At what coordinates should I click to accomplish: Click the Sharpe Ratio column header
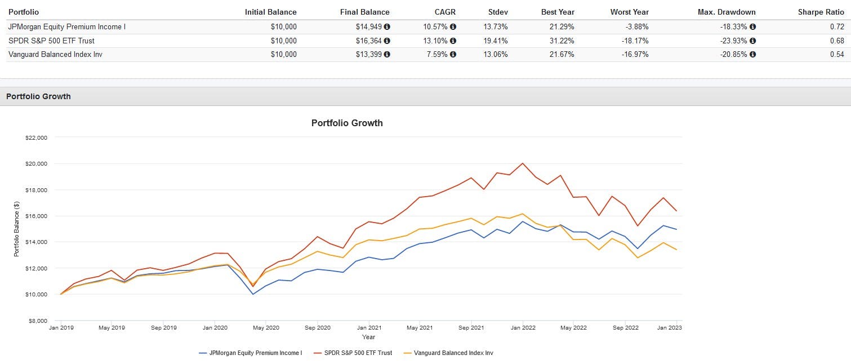tap(820, 12)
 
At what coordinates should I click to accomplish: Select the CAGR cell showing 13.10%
tap(435, 41)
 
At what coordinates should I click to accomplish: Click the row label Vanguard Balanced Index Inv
tap(55, 54)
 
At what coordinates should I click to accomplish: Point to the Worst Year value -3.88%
tap(635, 26)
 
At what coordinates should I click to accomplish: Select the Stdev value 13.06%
tap(496, 54)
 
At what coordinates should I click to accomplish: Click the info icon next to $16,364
tap(387, 41)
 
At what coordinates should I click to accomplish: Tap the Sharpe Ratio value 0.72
tap(837, 26)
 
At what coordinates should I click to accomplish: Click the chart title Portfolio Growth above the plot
tap(347, 123)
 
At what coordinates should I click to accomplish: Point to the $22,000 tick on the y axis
tap(36, 137)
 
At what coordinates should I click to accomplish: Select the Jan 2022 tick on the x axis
tap(523, 327)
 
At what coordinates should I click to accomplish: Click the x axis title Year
tap(368, 337)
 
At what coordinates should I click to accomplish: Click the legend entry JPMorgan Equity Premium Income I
tap(255, 353)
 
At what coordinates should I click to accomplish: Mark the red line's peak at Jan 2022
tap(523, 163)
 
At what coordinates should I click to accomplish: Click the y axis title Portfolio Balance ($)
tap(17, 229)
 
